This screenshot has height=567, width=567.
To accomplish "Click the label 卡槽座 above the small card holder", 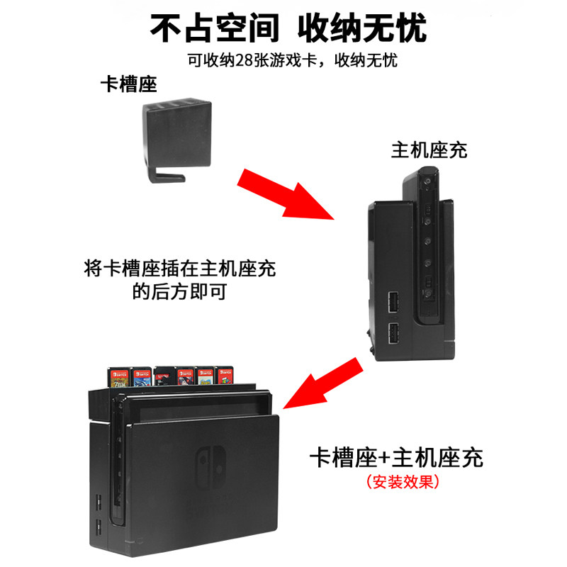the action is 128,84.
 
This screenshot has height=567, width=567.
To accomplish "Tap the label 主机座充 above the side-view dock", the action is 430,150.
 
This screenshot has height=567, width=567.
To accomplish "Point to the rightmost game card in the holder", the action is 225,378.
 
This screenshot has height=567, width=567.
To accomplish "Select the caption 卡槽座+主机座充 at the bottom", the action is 396,457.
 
